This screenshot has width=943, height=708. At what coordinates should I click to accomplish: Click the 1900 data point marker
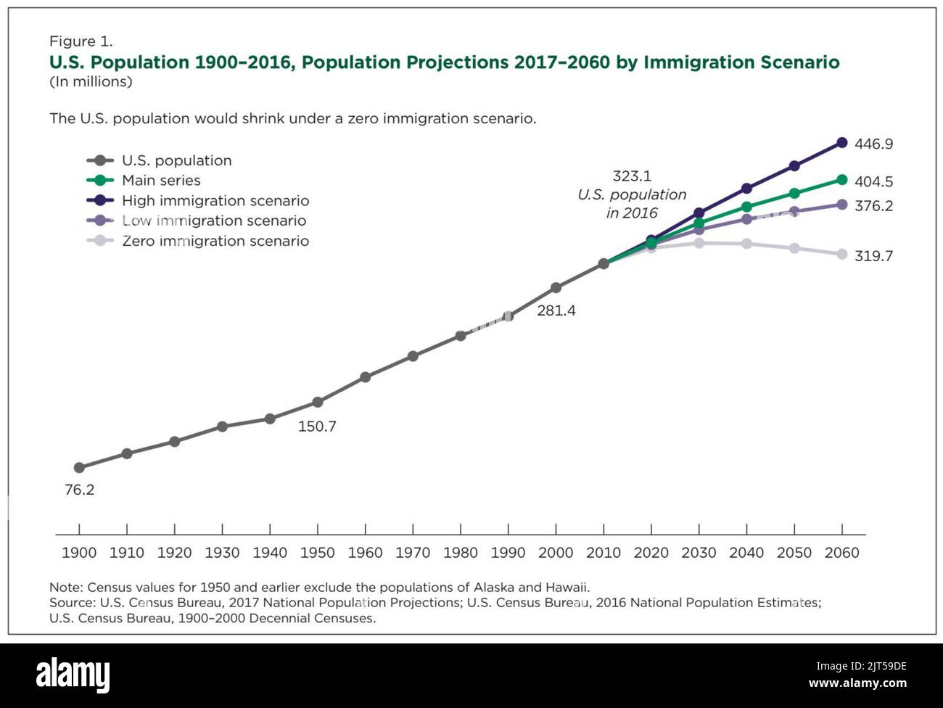(79, 468)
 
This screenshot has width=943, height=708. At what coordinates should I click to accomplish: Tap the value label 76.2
(79, 490)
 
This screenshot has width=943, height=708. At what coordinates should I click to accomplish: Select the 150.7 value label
(317, 427)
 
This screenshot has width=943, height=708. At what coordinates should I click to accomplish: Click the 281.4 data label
(556, 311)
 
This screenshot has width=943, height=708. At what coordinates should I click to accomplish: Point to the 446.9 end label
(873, 144)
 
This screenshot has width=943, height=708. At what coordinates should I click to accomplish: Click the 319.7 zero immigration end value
(873, 256)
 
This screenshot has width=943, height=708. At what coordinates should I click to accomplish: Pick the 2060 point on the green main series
(841, 179)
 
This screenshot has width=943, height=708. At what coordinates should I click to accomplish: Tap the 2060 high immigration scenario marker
(841, 143)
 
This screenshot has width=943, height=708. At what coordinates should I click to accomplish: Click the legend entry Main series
(160, 181)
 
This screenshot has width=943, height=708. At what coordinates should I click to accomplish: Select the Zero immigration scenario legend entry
(215, 241)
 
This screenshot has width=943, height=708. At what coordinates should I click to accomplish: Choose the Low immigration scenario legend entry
(213, 221)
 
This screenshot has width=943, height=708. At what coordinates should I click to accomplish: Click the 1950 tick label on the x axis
(317, 553)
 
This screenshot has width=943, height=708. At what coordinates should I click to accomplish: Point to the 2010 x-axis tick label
(603, 553)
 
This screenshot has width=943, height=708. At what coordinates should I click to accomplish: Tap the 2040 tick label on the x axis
(746, 553)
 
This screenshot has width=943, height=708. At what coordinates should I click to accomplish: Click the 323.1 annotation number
(631, 176)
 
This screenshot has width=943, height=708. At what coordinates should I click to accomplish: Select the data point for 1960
(365, 377)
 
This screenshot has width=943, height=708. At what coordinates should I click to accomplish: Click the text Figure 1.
(81, 41)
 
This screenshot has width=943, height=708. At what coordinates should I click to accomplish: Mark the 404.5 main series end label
(873, 182)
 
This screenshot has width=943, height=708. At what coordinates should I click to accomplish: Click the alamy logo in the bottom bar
(73, 675)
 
